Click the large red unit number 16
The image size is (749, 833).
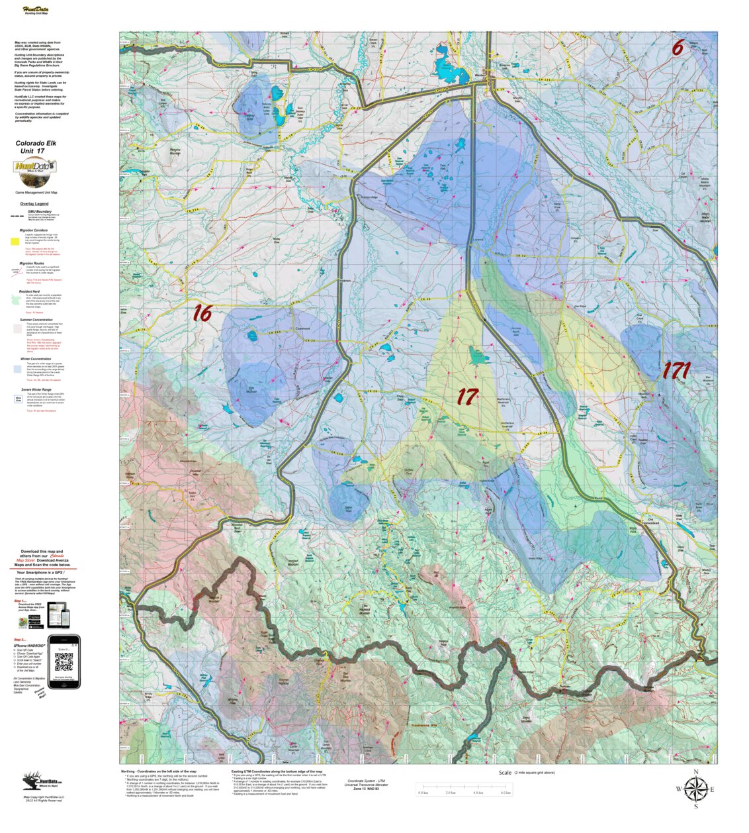point(202,313)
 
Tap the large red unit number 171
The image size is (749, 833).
point(676,371)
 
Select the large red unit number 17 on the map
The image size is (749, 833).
point(467,397)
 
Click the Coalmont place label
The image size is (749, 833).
point(302,328)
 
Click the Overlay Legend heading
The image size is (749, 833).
point(34,204)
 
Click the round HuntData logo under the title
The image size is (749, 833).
point(35,173)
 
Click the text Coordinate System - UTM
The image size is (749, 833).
point(366,781)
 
